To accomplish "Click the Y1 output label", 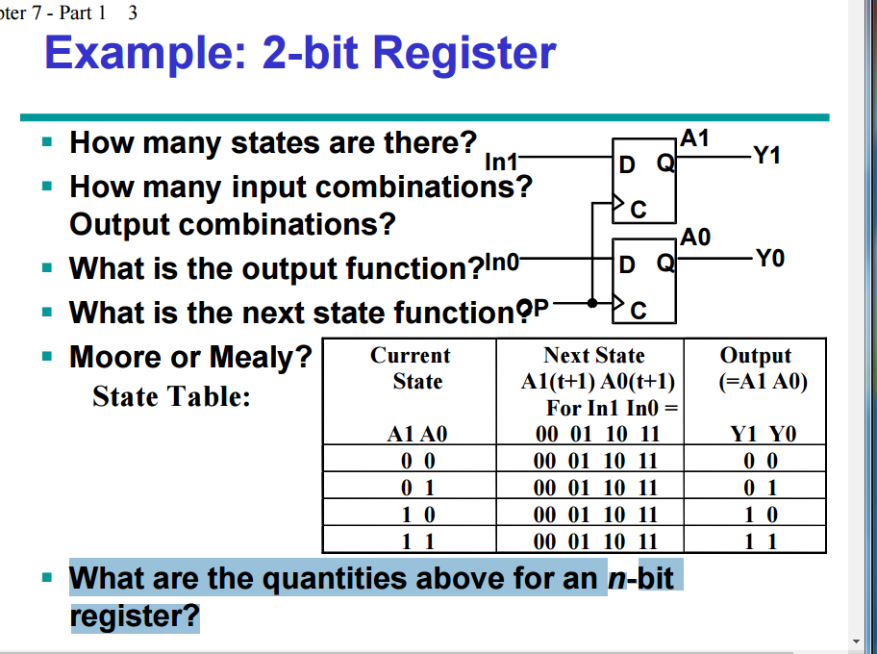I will point(767,155).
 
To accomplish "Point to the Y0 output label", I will point(769,258).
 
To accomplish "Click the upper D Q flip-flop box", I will point(644,183).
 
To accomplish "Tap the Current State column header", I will point(417,368).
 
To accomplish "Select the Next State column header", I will point(594,356).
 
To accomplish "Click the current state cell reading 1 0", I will point(417,515).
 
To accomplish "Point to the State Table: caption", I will point(172,396).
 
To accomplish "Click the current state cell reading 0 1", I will point(417,488).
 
